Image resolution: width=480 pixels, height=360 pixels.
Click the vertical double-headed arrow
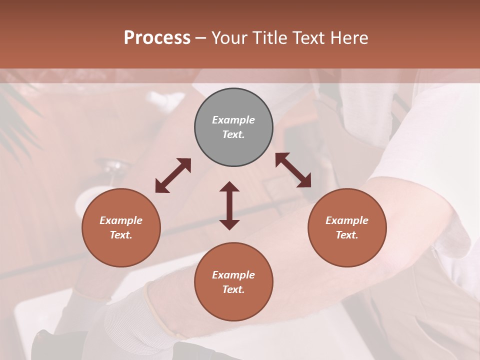click(229, 205)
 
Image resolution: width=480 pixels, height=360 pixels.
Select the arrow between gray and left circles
click(173, 175)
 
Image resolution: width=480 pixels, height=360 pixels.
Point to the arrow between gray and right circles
click(293, 170)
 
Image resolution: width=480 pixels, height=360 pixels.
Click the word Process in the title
click(157, 38)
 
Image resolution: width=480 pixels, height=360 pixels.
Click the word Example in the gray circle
click(233, 120)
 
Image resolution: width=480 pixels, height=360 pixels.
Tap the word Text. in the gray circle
click(233, 134)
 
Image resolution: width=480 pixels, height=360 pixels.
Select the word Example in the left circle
click(121, 220)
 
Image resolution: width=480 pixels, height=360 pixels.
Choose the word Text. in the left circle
click(121, 235)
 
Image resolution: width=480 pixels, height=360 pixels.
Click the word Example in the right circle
click(347, 220)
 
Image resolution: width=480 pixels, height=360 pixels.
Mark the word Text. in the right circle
click(347, 235)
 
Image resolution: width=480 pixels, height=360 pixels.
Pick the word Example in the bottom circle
click(233, 275)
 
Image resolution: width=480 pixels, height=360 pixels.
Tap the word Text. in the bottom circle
click(233, 289)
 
